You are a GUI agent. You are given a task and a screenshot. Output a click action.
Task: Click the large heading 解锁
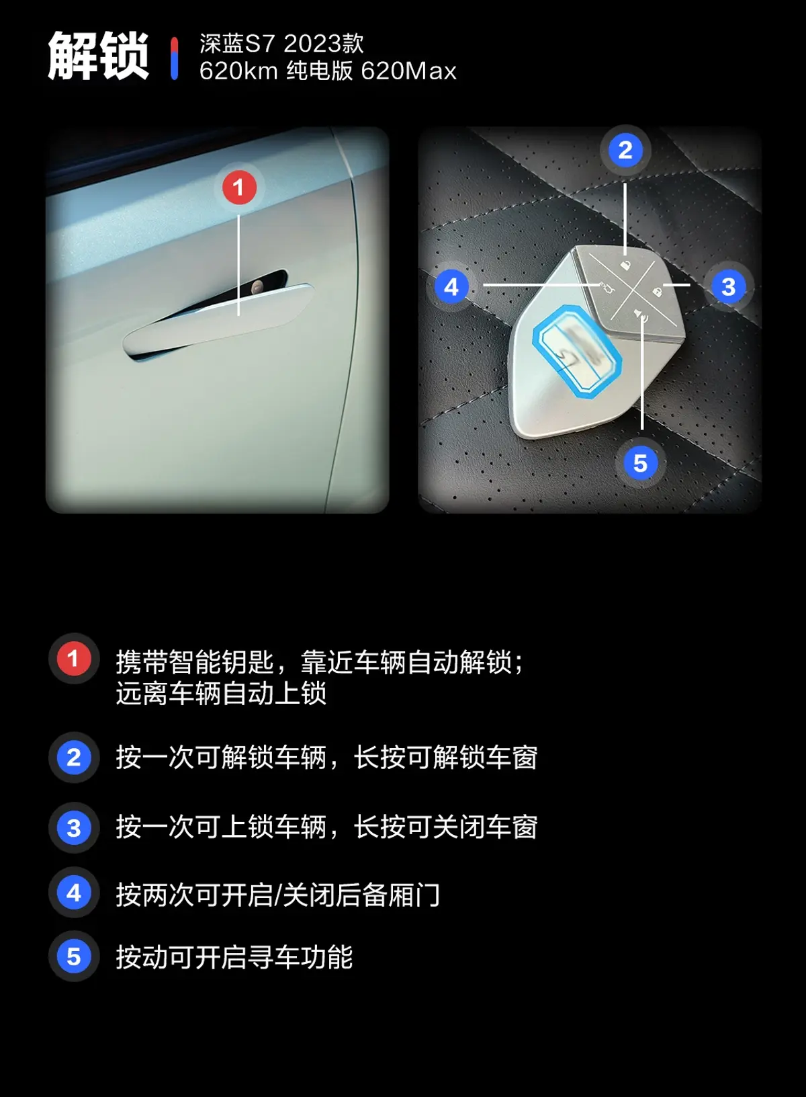pos(98,56)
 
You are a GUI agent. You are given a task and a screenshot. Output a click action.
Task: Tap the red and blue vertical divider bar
pos(174,58)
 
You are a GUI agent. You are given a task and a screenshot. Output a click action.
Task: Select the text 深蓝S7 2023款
pos(281,44)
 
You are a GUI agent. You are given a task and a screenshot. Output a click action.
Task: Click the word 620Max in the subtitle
pos(408,71)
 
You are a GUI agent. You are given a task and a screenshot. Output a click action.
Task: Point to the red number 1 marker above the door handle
pos(239,187)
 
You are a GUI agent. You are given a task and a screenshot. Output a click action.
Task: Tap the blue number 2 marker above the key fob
pos(625,151)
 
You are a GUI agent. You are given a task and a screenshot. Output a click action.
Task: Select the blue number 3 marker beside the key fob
pos(728,287)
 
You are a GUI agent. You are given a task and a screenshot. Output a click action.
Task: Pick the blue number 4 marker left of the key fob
pos(451,287)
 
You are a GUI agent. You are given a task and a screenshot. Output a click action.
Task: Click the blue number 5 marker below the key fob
pos(640,463)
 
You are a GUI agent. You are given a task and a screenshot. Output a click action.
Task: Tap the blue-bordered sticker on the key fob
pos(577,351)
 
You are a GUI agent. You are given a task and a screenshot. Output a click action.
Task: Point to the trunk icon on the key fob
pos(607,286)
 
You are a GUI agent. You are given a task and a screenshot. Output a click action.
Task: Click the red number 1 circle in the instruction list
pos(74,659)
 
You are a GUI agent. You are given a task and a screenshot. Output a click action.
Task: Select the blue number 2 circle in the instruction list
pos(74,757)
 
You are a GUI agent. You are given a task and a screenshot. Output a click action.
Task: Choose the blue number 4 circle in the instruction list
pos(74,893)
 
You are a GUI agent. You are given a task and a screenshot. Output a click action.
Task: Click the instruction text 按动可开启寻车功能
pos(234,957)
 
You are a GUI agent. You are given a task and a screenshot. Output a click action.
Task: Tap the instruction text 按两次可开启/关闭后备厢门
pos(278,894)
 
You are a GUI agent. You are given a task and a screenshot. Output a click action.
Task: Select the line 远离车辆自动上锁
pos(221,693)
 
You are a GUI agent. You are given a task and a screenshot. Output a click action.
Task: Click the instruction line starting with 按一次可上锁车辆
pos(327,827)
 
